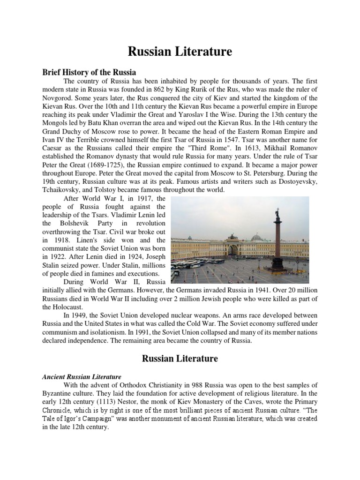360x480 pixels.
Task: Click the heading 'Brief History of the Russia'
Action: pyautogui.click(x=89, y=72)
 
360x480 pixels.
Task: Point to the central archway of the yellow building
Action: pyautogui.click(x=233, y=248)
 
